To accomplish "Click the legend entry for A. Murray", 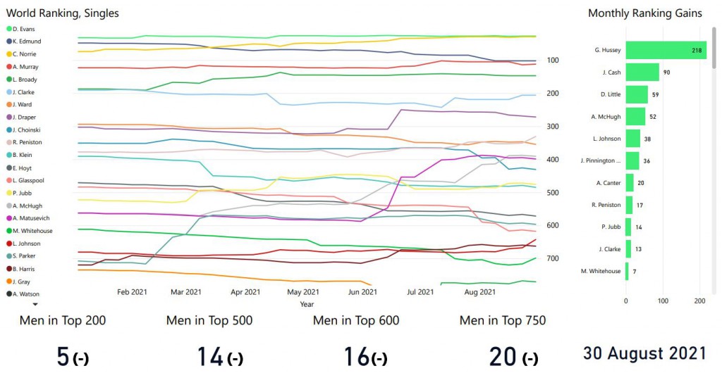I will click(25, 67).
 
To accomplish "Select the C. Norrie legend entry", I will click(25, 54).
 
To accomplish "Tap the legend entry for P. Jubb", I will click(23, 193).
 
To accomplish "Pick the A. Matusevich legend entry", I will click(30, 218).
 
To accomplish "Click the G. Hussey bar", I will click(666, 50).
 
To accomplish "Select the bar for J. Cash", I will click(642, 72).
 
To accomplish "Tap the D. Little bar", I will click(637, 94).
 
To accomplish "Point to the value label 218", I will click(697, 51).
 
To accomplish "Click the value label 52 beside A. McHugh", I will click(653, 117).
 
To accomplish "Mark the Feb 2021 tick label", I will click(132, 291).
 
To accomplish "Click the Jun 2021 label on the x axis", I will click(362, 291).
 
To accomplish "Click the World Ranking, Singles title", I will click(63, 13).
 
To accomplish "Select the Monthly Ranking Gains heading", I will click(645, 13).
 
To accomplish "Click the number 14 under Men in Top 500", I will click(209, 357).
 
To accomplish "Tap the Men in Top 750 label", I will click(503, 321).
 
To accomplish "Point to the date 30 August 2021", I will click(644, 353).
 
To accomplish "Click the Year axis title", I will click(307, 304).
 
